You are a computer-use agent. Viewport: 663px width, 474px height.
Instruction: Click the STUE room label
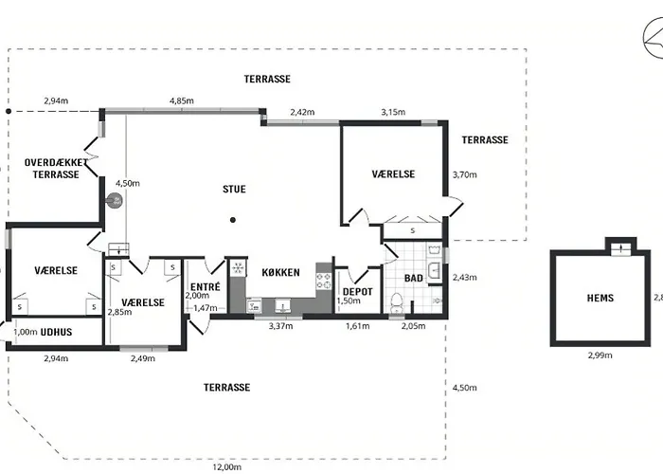click(234, 190)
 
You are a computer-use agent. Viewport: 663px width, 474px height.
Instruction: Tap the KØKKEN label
click(280, 273)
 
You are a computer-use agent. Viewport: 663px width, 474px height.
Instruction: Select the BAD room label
click(414, 278)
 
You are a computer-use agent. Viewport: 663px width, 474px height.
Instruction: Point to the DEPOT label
click(358, 292)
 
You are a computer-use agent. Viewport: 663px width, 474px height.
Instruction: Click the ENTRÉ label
click(206, 287)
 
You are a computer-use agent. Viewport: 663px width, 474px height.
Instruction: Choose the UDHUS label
click(56, 332)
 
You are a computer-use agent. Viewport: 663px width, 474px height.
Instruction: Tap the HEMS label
click(600, 298)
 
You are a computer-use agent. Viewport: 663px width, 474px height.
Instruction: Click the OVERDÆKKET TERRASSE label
click(56, 169)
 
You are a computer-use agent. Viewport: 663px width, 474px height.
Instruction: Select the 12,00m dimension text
click(227, 467)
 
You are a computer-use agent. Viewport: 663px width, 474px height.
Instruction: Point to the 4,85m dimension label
click(182, 100)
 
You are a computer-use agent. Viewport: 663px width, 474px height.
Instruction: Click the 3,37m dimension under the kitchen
click(280, 326)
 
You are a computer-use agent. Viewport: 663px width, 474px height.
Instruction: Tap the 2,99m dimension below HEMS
click(600, 355)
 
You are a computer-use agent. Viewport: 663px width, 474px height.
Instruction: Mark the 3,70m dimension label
click(465, 174)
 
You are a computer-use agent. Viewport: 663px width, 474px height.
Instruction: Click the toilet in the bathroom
click(397, 302)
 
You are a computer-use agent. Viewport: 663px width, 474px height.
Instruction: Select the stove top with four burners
click(324, 281)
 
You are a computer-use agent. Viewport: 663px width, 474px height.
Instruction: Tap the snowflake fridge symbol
click(238, 268)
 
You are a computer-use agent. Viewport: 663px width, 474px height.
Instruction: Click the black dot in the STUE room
click(233, 220)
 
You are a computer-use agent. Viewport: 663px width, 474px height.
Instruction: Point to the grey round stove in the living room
click(115, 201)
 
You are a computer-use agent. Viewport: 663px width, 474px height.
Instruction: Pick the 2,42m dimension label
click(302, 112)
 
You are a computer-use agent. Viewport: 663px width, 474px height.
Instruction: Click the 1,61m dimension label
click(358, 326)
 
